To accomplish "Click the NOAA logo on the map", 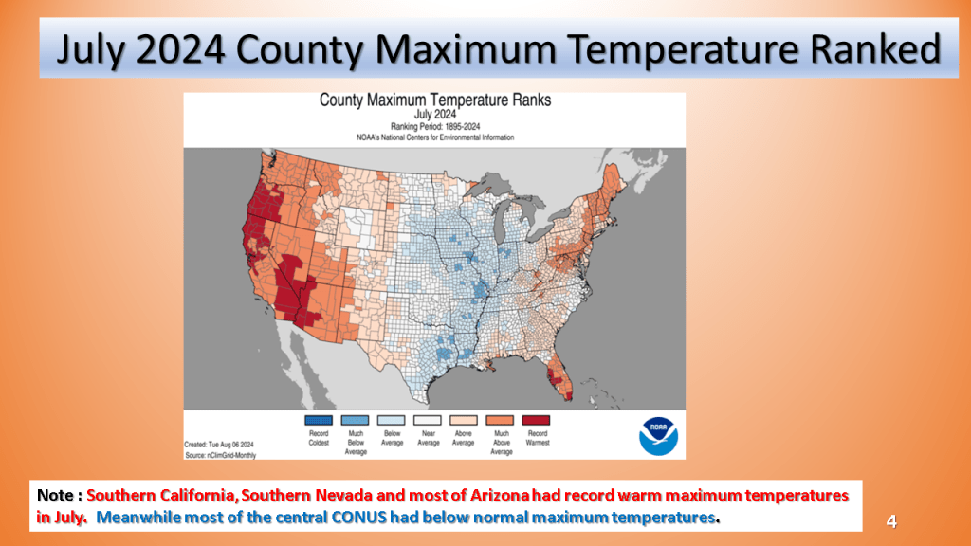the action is (658, 436).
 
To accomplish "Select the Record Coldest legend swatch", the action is (319, 420).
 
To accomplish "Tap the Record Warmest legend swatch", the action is (537, 420).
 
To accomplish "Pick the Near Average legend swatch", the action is (428, 420).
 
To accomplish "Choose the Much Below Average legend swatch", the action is (355, 420).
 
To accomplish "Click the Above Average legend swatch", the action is (464, 420).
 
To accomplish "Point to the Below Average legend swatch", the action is (392, 420).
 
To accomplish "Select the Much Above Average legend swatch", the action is (500, 420).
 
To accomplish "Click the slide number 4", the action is (891, 521).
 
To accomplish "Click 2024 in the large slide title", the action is (180, 49).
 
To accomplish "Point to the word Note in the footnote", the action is (56, 495).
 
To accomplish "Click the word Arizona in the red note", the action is (500, 495).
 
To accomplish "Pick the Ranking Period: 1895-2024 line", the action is (434, 126).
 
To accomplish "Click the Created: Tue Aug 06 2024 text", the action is (219, 445).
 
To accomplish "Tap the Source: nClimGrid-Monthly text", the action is (220, 455).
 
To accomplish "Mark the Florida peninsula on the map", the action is (559, 377).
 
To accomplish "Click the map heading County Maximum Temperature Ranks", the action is (434, 100).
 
